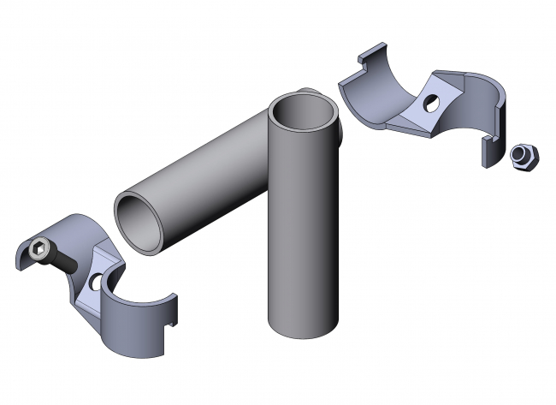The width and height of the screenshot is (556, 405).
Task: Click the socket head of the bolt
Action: pos(38,252)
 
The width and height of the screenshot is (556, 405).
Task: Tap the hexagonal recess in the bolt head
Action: pos(38,251)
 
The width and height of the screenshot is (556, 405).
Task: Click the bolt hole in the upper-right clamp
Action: pos(431,104)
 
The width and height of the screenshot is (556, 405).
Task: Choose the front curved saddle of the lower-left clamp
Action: pos(137,325)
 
